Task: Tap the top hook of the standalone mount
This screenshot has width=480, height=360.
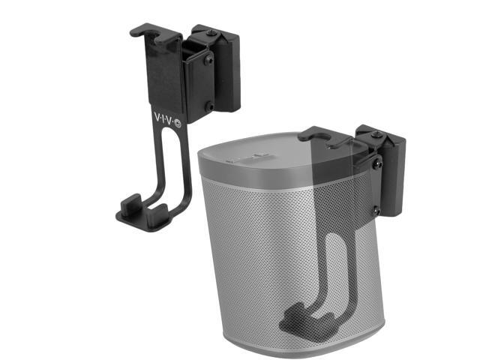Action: coord(142,31)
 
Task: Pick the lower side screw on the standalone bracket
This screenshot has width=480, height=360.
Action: coord(209,106)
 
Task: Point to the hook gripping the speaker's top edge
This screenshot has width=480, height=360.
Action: coord(315,136)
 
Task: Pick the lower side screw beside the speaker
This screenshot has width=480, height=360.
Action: coord(375,209)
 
